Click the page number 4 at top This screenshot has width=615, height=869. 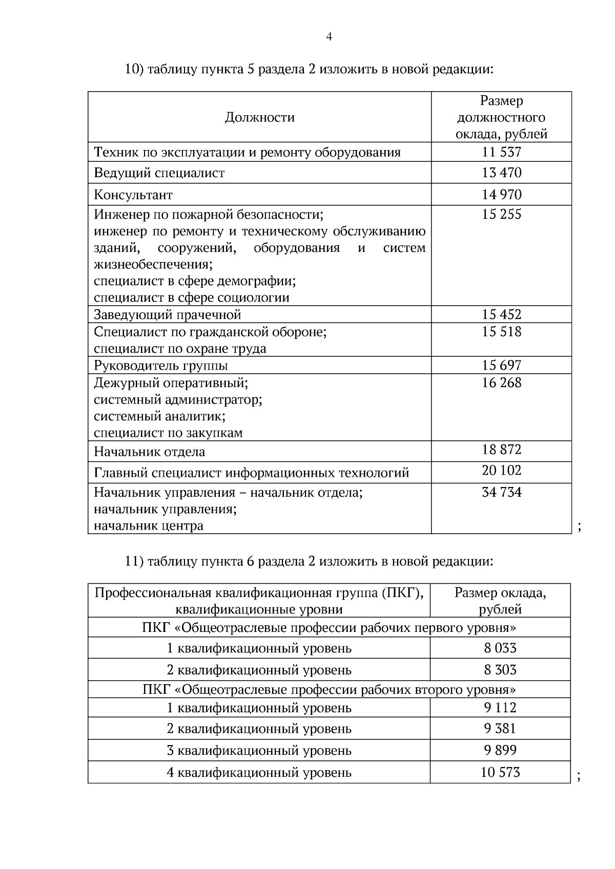pos(329,36)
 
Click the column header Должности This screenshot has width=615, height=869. pos(259,118)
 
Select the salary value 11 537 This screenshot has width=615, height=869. pos(501,152)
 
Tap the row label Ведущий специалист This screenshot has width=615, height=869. pos(159,173)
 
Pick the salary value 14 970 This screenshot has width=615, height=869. pos(501,195)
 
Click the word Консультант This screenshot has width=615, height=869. pos(133,195)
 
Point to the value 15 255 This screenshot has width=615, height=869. pos(501,215)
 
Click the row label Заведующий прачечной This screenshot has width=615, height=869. pos(167,314)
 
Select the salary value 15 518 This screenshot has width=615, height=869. pos(501,332)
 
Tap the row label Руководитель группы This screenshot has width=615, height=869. pos(160,366)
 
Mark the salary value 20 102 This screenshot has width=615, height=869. pos(501,470)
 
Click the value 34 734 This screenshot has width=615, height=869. pos(501,493)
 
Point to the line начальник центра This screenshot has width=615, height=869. pos(148,526)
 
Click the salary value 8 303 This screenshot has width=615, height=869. pos(500,670)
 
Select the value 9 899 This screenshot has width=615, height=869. pos(500,751)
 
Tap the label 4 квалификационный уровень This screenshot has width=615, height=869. pos(259,773)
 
